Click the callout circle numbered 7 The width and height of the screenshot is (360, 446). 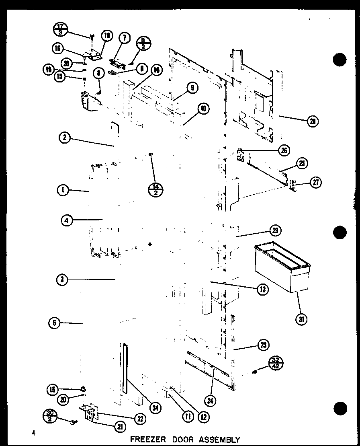tap(125, 38)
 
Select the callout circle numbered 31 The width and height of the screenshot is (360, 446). tap(301, 319)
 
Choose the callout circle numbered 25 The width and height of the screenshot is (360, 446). tap(301, 163)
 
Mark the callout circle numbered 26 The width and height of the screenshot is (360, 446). tap(284, 151)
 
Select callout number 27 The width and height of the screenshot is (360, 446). tap(315, 183)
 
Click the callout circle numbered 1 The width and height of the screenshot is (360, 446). tap(63, 191)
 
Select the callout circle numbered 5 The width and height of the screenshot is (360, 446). tap(53, 323)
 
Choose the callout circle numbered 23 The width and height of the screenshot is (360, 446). tap(263, 345)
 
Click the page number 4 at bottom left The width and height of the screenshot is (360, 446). tap(35, 433)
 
